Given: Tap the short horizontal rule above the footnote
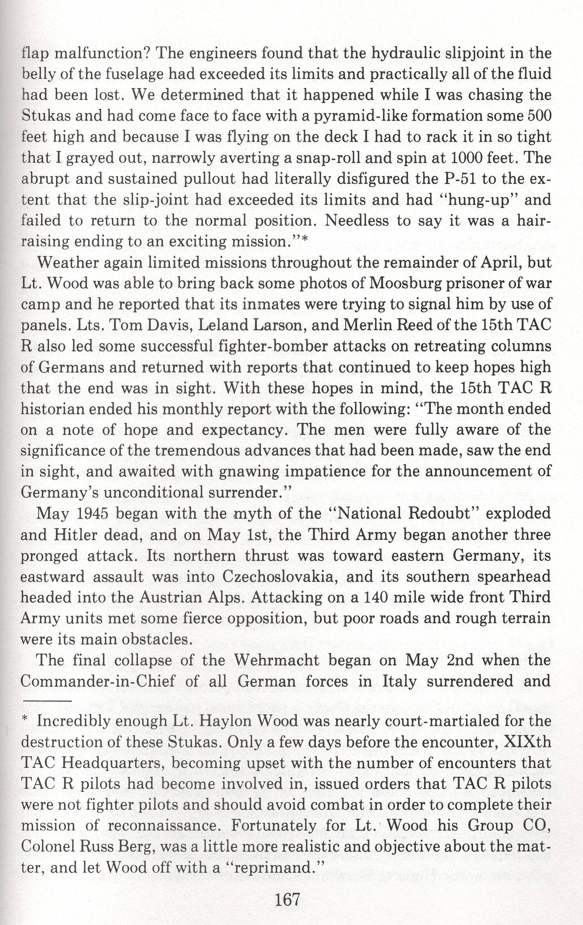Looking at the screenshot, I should click(46, 700).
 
